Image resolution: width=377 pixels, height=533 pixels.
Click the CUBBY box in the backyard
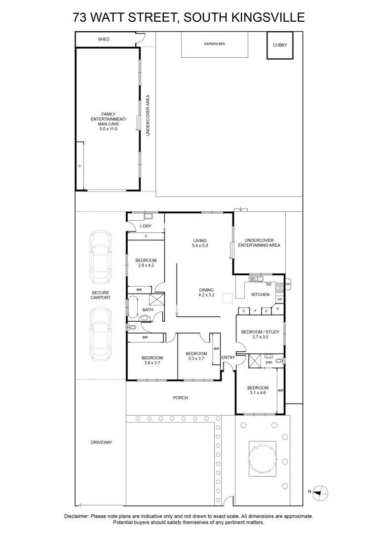click(x=279, y=45)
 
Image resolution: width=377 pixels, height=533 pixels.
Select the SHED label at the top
click(x=104, y=39)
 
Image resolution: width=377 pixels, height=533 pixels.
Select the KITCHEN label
click(x=261, y=295)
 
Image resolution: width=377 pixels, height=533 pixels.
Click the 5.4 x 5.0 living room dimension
click(x=200, y=246)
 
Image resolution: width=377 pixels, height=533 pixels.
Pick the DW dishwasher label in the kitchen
click(x=269, y=285)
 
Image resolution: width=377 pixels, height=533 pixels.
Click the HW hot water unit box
click(x=287, y=285)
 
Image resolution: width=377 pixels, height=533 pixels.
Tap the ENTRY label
click(x=228, y=358)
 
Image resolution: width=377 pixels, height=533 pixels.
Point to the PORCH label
click(x=180, y=398)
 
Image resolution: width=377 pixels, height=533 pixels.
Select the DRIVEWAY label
click(x=102, y=443)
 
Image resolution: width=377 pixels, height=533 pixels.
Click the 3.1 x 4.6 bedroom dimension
click(x=258, y=393)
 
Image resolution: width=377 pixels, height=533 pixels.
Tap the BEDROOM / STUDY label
click(x=260, y=332)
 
